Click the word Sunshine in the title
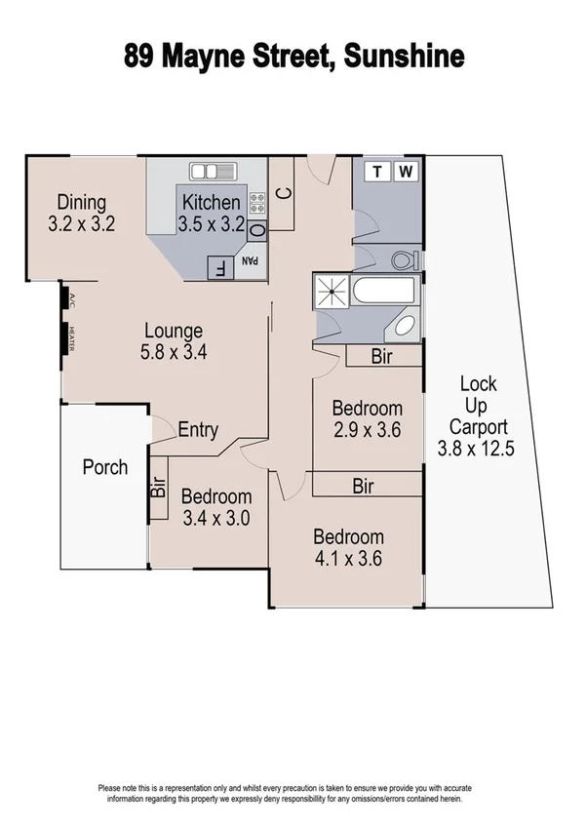click(402, 57)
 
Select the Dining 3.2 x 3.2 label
click(82, 213)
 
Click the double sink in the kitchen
click(215, 172)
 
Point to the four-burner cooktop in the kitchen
click(258, 204)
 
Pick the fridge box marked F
click(218, 267)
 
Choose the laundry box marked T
click(377, 173)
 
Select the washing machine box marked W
click(408, 173)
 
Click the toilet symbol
click(404, 259)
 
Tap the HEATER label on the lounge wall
click(69, 336)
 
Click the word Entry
click(198, 430)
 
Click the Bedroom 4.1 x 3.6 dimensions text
click(347, 559)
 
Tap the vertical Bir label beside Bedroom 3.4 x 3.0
click(158, 487)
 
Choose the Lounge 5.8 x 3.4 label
click(174, 341)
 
